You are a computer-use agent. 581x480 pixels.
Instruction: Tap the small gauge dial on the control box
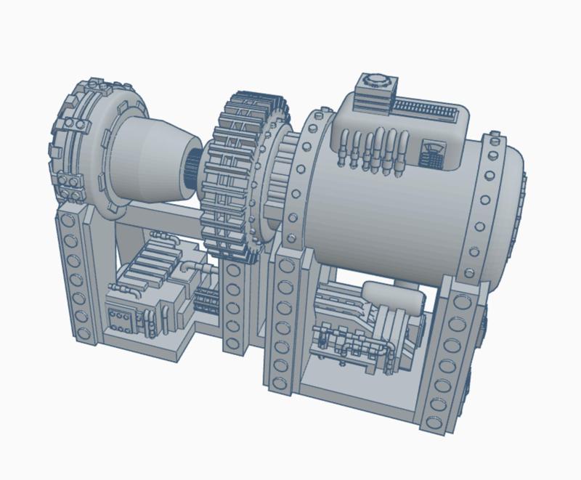point(434,154)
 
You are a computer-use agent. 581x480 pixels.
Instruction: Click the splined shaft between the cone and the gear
point(194,170)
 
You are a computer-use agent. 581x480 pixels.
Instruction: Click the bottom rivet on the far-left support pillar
point(82,333)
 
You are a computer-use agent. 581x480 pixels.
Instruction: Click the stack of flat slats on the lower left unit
point(156,261)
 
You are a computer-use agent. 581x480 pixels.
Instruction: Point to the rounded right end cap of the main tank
point(513,211)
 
